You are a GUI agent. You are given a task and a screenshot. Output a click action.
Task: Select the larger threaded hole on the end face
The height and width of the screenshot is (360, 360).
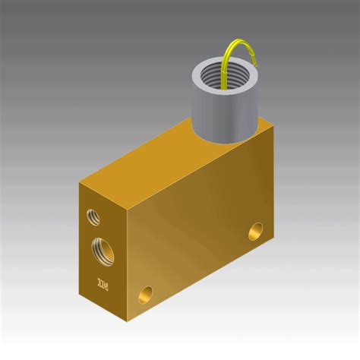101,248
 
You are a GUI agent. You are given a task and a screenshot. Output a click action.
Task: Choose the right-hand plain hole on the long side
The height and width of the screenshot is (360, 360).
257,229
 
